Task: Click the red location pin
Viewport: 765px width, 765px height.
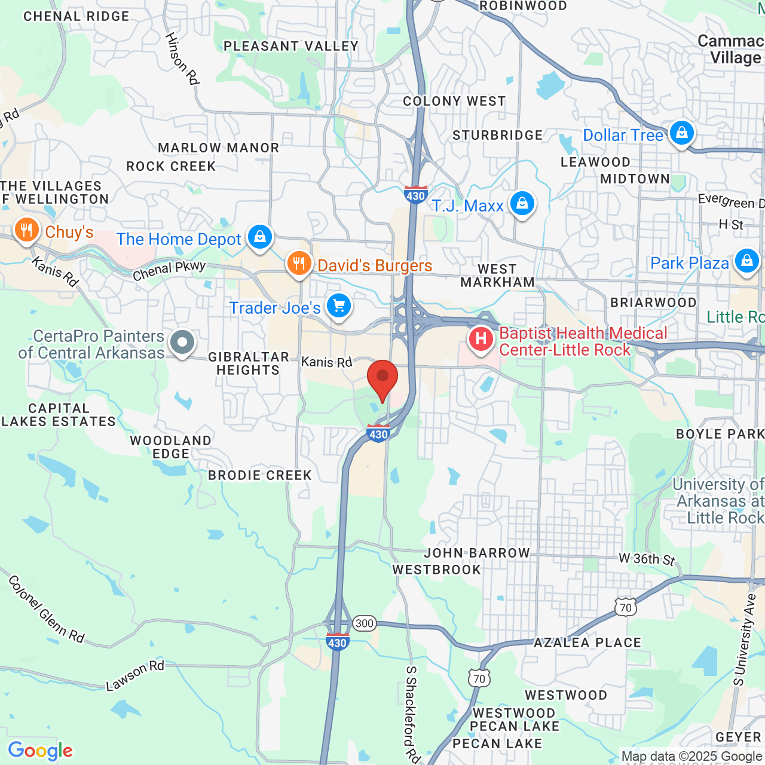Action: point(382,379)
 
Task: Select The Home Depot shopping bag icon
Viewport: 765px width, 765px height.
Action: point(259,237)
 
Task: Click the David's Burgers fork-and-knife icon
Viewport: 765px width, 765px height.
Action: point(299,263)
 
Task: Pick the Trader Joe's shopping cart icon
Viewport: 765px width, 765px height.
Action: point(339,306)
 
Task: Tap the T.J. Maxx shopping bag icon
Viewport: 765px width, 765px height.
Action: point(522,204)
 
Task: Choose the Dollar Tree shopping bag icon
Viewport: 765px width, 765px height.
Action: point(681,133)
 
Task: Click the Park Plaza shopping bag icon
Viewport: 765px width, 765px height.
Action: point(746,261)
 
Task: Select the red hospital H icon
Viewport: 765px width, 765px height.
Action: point(481,339)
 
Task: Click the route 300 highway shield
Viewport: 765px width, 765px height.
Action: point(364,623)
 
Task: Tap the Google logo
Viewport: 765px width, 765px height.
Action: point(41,751)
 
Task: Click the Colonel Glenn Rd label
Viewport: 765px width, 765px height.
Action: point(47,609)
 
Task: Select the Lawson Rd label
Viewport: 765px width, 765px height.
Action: point(135,675)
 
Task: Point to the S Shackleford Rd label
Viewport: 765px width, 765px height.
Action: point(412,714)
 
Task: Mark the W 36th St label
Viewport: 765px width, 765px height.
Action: point(647,559)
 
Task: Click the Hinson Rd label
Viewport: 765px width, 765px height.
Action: point(182,58)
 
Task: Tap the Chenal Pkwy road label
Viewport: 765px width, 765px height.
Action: point(169,271)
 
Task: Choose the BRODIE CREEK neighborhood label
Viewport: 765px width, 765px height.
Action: point(260,475)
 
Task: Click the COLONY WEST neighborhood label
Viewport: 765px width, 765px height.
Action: point(454,101)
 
